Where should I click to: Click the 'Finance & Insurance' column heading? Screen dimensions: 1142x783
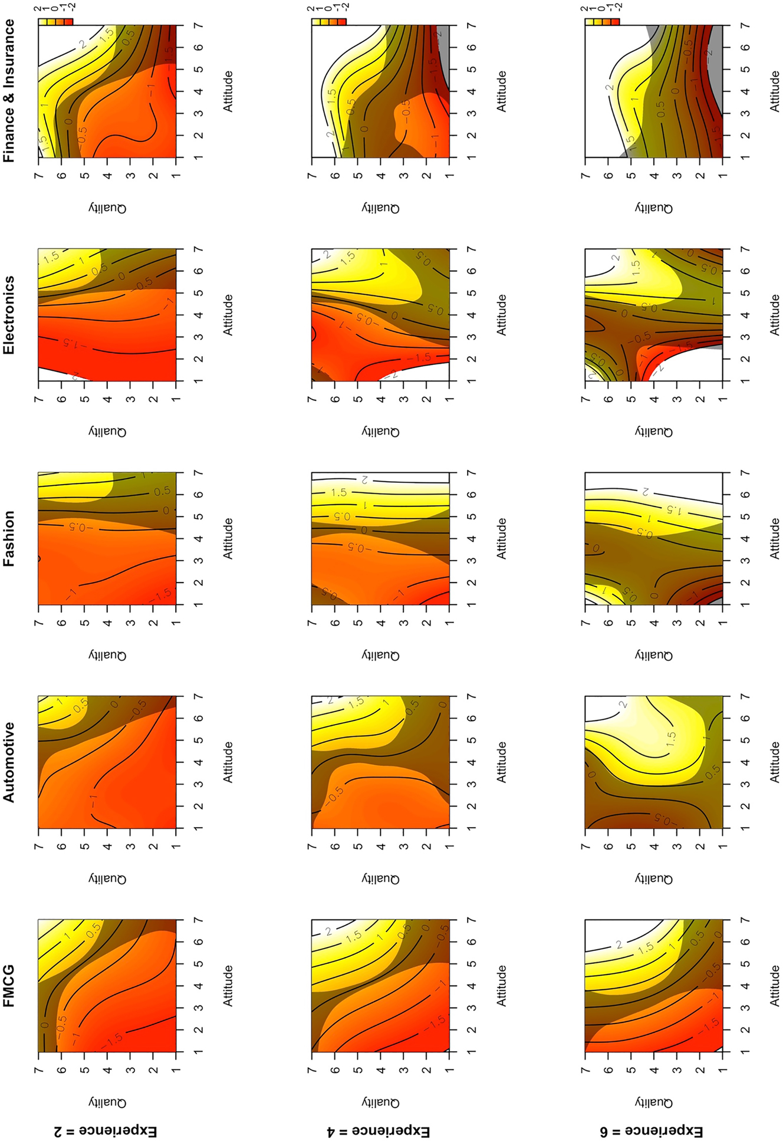pos(9,91)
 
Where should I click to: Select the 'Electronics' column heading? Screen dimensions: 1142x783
pos(9,315)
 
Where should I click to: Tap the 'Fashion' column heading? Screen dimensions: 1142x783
pos(9,538)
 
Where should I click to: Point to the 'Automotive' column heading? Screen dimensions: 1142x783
pos(9,762)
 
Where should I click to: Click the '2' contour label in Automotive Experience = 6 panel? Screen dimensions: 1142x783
pos(623,704)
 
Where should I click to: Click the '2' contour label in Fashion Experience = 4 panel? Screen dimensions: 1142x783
pos(365,480)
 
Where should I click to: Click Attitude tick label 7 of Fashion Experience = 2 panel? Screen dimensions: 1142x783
pos(199,473)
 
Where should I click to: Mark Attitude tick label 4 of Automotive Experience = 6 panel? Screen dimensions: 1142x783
pos(745,762)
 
